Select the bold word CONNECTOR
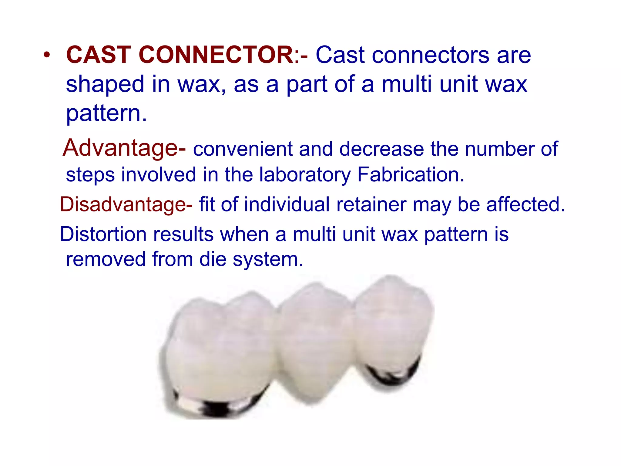coord(216,55)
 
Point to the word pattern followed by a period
coord(106,114)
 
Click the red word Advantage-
coord(124,148)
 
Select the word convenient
coord(243,149)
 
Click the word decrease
coord(381,149)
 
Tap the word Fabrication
coord(411,175)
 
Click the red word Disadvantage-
coord(126,204)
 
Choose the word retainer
coord(371,204)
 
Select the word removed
coord(106,259)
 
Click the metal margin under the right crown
coord(393,373)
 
